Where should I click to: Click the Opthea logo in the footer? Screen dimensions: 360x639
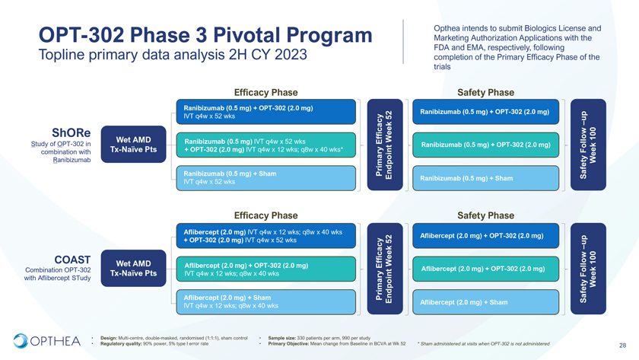tap(46, 340)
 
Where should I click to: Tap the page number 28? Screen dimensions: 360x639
tap(623, 344)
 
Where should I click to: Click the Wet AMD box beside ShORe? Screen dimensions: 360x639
tap(133, 143)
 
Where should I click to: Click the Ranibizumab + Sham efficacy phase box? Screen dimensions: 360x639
tap(266, 178)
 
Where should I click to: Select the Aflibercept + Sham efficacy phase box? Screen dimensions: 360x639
tap(266, 301)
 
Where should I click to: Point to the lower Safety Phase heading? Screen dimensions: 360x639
tap(485, 215)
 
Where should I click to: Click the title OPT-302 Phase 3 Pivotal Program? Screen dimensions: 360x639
tap(205, 35)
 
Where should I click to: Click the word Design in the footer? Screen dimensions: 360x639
tap(107, 337)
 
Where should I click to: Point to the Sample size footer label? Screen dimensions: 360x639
tap(286, 337)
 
